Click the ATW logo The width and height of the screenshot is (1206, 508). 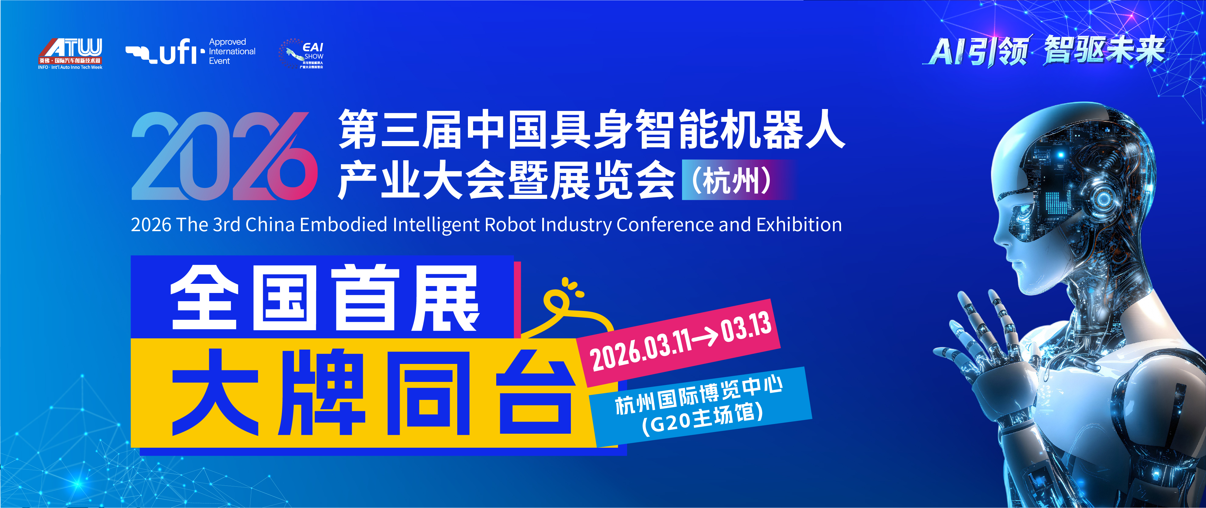click(x=70, y=53)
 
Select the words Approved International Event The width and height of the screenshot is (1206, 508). click(x=232, y=51)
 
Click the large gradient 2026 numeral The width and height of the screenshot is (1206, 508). click(x=224, y=157)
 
